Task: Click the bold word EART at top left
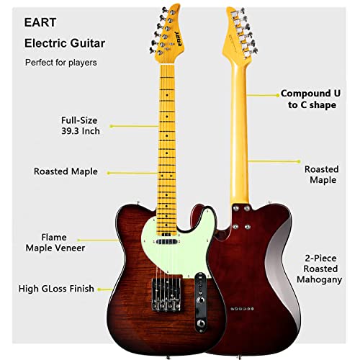pyautogui.click(x=41, y=22)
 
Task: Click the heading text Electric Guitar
pyautogui.click(x=65, y=43)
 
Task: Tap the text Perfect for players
pyautogui.click(x=61, y=63)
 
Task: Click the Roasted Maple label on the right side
pyautogui.click(x=321, y=174)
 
